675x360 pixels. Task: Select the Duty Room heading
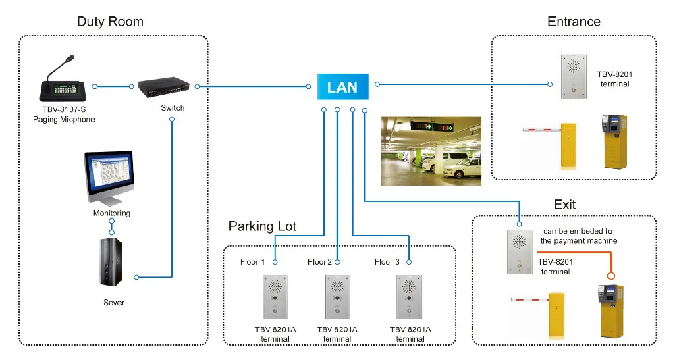[x=110, y=22]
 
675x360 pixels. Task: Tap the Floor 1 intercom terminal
[x=275, y=297]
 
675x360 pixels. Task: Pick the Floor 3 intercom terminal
[x=408, y=297]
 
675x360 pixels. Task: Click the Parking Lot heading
[x=262, y=226]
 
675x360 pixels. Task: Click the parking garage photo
[x=431, y=151]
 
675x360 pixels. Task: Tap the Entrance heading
[x=573, y=22]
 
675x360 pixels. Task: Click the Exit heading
[x=564, y=204]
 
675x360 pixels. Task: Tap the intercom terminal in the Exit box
[x=519, y=252]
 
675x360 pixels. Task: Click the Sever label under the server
[x=113, y=303]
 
